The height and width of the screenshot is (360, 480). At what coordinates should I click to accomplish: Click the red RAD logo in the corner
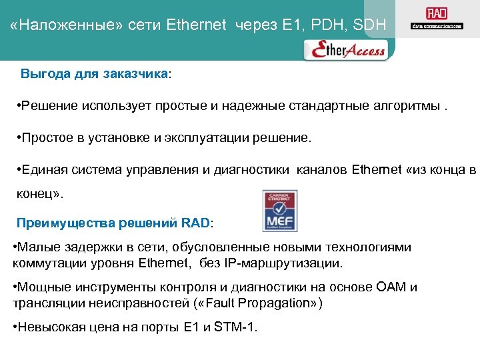(437, 14)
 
